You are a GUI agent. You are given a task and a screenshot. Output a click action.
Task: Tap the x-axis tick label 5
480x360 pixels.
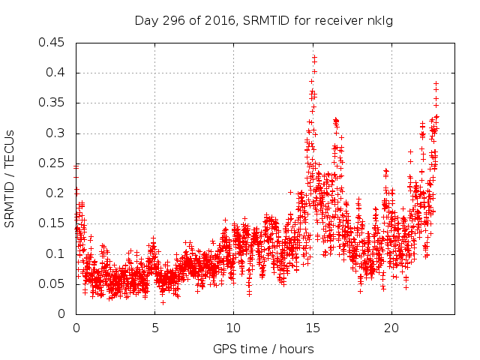(x=154, y=328)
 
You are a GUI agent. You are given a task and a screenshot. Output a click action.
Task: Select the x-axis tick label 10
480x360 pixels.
(x=233, y=328)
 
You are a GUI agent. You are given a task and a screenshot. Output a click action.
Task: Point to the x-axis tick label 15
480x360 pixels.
(x=312, y=328)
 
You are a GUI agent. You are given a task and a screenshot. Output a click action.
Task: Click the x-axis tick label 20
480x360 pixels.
(x=391, y=328)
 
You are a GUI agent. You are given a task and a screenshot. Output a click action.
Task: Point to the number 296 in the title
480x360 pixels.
(x=184, y=20)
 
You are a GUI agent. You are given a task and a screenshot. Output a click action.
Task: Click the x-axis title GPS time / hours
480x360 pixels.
(x=263, y=349)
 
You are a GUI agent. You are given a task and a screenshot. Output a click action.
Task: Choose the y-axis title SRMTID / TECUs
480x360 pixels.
(x=10, y=178)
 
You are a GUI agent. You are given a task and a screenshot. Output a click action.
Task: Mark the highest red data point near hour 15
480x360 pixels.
(x=314, y=56)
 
